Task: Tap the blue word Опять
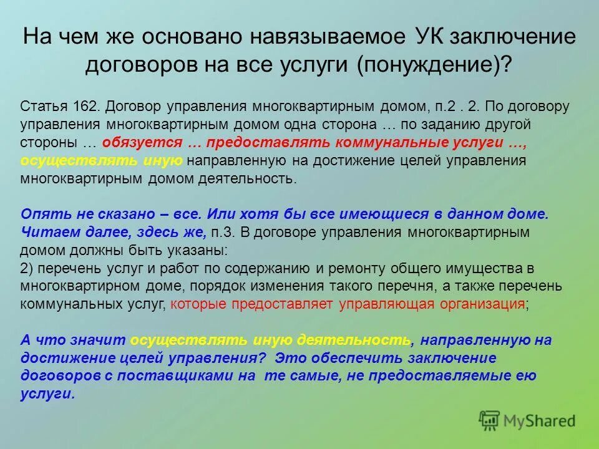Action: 42,213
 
